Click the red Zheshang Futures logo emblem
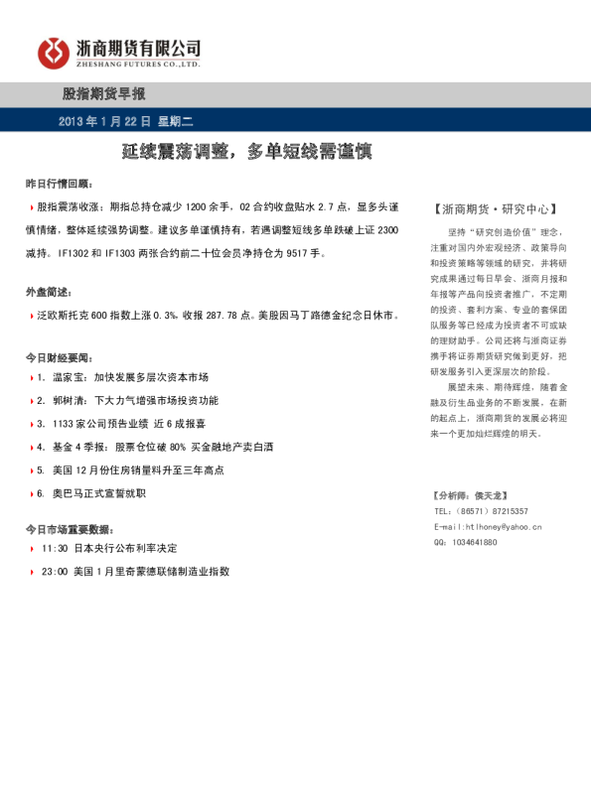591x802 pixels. (56, 53)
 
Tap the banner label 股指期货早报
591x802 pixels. (103, 94)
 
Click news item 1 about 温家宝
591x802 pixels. (123, 378)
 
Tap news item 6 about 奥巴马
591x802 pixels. (98, 492)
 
